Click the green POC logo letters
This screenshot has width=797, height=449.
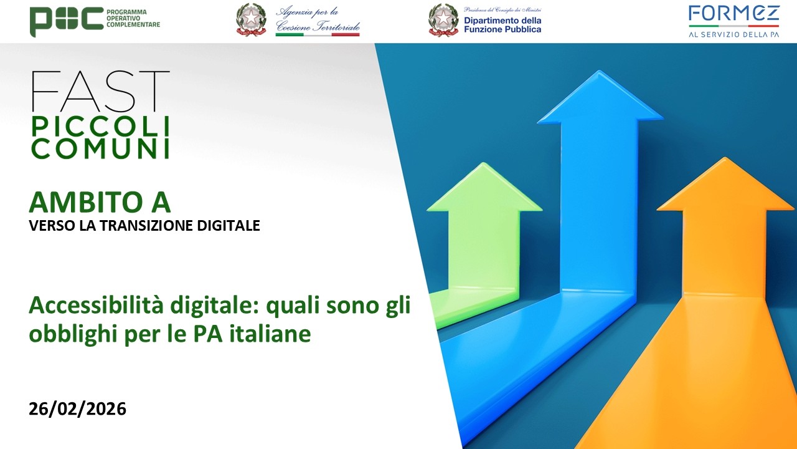click(x=67, y=21)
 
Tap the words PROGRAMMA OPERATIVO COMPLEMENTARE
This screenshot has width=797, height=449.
click(x=133, y=19)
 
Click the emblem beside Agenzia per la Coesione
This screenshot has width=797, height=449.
click(x=251, y=20)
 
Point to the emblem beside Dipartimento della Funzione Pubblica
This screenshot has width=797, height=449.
click(x=443, y=20)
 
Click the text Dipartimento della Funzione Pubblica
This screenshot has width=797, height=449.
click(x=502, y=24)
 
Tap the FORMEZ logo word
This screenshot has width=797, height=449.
click(x=733, y=14)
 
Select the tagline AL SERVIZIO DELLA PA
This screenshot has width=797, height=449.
click(x=733, y=35)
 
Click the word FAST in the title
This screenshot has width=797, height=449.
click(x=100, y=92)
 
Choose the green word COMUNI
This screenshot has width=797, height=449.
click(x=100, y=149)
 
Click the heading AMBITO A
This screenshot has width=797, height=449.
click(x=100, y=203)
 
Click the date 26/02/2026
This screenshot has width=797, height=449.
click(x=77, y=409)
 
